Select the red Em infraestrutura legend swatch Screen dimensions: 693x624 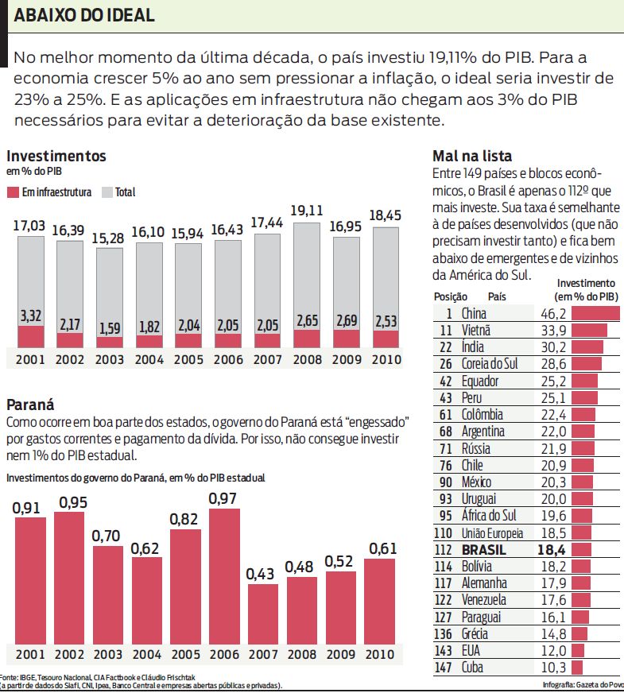[12, 192]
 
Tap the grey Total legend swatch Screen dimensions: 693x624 [107, 192]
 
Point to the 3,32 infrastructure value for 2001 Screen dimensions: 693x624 [30, 316]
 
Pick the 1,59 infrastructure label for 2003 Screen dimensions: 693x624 [109, 328]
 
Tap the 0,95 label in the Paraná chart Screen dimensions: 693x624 [69, 502]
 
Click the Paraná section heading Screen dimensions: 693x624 [29, 404]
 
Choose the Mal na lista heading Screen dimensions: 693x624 [472, 156]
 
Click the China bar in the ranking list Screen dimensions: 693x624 [595, 313]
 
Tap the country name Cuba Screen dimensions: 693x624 [472, 668]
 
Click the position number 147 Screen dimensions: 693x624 [444, 668]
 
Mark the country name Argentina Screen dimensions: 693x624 [483, 432]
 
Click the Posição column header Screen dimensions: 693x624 [445, 296]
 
